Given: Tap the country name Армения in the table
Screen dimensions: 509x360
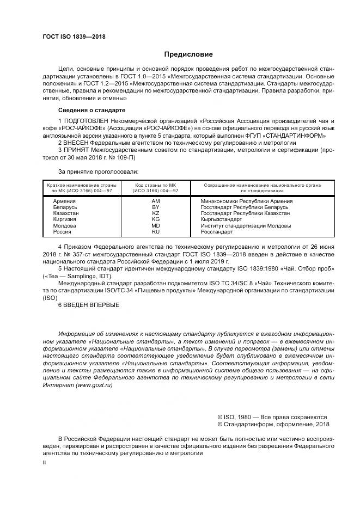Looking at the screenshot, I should pyautogui.click(x=65, y=201).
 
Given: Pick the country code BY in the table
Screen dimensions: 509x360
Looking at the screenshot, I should pyautogui.click(x=155, y=207).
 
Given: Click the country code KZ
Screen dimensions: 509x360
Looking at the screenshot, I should pyautogui.click(x=155, y=213).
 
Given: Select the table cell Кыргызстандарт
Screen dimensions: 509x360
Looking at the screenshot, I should pyautogui.click(x=221, y=219).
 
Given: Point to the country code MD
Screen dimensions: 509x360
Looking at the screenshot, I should pyautogui.click(x=155, y=225).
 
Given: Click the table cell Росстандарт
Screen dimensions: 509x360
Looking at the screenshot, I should pyautogui.click(x=217, y=231).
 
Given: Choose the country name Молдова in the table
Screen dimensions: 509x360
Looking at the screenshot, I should pyautogui.click(x=64, y=225).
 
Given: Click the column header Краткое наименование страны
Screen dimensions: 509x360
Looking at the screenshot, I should pyautogui.click(x=79, y=185).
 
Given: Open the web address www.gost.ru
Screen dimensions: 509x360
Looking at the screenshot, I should pyautogui.click(x=94, y=384).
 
